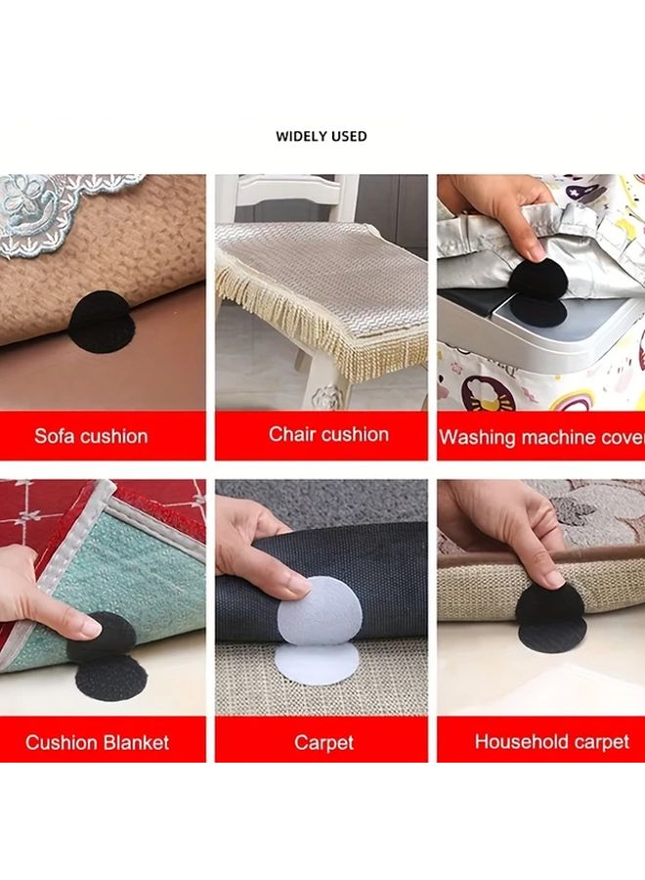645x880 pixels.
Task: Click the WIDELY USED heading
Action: [x=322, y=136]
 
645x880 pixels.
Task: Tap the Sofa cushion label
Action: [x=91, y=436]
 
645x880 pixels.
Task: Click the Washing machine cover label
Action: [x=541, y=437]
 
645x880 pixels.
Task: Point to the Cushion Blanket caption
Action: [x=97, y=742]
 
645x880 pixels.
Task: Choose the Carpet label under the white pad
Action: [x=323, y=743]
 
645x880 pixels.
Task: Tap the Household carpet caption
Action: [x=551, y=741]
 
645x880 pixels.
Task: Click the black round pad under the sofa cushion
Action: [x=102, y=319]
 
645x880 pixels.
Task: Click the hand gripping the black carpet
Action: [x=256, y=548]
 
